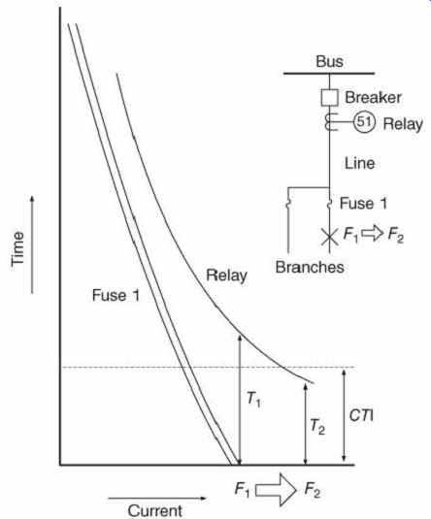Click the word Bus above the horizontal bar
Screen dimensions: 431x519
click(x=329, y=61)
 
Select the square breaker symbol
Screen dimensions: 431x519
click(x=330, y=98)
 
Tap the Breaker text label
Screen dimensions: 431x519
click(x=374, y=97)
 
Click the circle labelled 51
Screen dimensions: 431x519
click(x=364, y=122)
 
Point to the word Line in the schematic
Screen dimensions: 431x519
click(x=360, y=163)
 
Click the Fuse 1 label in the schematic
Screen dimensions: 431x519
click(x=363, y=203)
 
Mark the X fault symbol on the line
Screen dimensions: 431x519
click(x=330, y=237)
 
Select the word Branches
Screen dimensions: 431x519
click(x=310, y=267)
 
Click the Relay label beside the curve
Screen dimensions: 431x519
click(x=226, y=276)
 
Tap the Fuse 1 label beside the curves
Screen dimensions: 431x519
click(x=116, y=295)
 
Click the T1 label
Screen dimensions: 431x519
click(x=253, y=399)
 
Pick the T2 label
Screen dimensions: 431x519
click(x=317, y=426)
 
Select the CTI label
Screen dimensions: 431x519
click(x=361, y=415)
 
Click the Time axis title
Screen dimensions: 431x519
click(x=17, y=248)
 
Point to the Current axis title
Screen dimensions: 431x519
click(x=155, y=510)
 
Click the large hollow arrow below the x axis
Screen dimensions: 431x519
click(x=276, y=490)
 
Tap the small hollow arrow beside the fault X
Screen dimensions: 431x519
click(x=372, y=233)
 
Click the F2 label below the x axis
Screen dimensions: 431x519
click(x=312, y=490)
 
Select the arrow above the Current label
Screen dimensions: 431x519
click(x=157, y=498)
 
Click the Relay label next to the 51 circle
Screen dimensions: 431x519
click(x=403, y=124)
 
